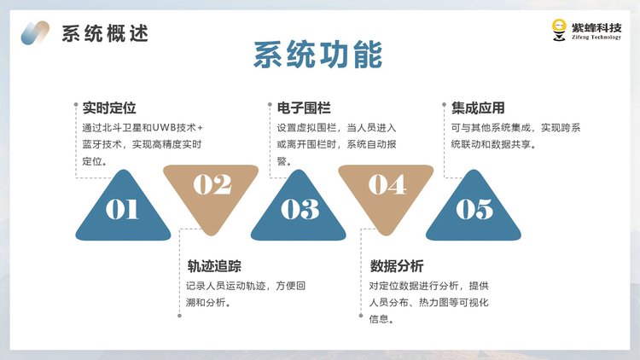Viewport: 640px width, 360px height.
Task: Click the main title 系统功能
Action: pyautogui.click(x=318, y=55)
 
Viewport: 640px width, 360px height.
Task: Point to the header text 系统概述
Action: pyautogui.click(x=105, y=33)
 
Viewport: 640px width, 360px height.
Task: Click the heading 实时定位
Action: pyautogui.click(x=109, y=107)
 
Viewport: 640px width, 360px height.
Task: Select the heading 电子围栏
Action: pyautogui.click(x=304, y=107)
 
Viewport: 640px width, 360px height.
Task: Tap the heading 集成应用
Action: pyautogui.click(x=478, y=107)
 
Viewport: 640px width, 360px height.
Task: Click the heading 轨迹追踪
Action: pyautogui.click(x=214, y=266)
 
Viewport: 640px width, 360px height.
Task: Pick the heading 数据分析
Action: pyautogui.click(x=397, y=266)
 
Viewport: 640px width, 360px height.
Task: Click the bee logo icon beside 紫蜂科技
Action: pyautogui.click(x=559, y=30)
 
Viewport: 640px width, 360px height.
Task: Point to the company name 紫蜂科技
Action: pyautogui.click(x=596, y=27)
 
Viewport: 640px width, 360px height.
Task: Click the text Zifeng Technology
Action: pyautogui.click(x=596, y=38)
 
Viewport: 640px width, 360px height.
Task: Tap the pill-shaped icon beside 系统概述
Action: pyautogui.click(x=35, y=32)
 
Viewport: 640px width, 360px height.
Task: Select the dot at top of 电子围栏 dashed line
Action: pyautogui.click(x=270, y=104)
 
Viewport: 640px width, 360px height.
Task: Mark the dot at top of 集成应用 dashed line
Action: pyautogui.click(x=444, y=104)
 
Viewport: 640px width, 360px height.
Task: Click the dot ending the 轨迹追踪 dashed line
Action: pyautogui.click(x=179, y=316)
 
